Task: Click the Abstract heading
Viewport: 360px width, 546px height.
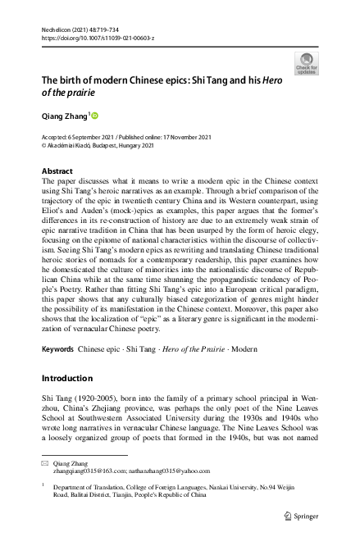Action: pyautogui.click(x=57, y=171)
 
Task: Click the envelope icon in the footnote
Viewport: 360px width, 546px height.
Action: pyautogui.click(x=44, y=464)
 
